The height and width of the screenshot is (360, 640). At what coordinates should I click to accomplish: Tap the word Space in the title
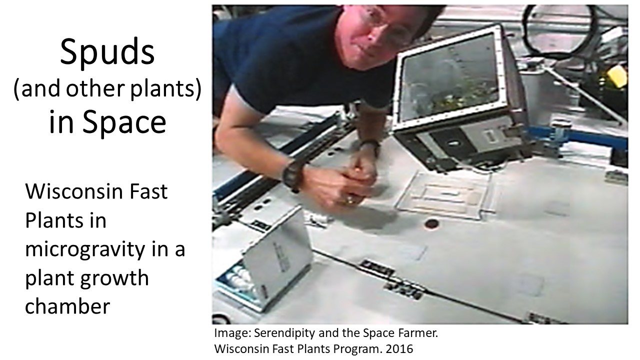(124, 122)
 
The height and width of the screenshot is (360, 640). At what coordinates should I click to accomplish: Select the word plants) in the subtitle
(166, 89)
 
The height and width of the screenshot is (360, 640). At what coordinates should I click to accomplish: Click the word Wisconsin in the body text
(75, 191)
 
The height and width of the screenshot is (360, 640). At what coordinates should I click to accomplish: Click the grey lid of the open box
(276, 251)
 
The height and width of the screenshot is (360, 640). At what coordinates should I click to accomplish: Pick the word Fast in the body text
(148, 191)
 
